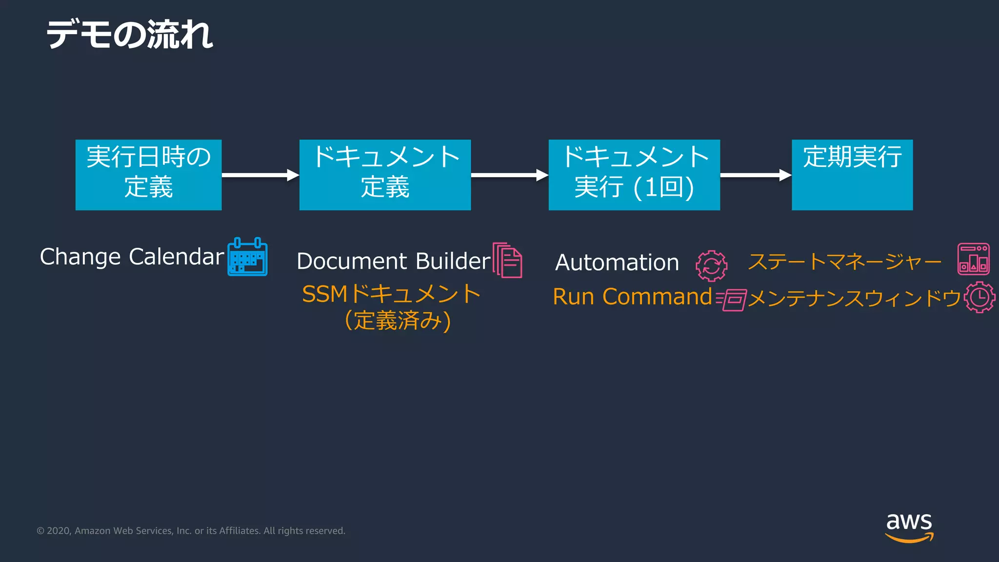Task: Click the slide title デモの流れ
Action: [x=129, y=35]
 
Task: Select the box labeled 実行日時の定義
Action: [x=148, y=175]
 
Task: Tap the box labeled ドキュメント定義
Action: [x=385, y=175]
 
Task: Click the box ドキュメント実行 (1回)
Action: [x=634, y=175]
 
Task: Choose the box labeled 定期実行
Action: [x=852, y=175]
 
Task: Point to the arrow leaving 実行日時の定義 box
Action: [x=260, y=175]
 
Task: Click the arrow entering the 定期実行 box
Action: [x=755, y=175]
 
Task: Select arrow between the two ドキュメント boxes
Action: [x=509, y=175]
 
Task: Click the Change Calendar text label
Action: [x=132, y=257]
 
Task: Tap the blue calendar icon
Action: [x=247, y=257]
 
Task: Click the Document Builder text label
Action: [x=393, y=261]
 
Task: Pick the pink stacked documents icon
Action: [x=507, y=260]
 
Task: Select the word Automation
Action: [x=617, y=262]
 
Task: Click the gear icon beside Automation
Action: [x=711, y=266]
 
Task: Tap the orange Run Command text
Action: [x=632, y=297]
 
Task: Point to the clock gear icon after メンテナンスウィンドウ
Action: [x=979, y=297]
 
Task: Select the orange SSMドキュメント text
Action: [x=391, y=294]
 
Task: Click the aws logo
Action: [x=909, y=527]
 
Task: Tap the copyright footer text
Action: [x=191, y=531]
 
